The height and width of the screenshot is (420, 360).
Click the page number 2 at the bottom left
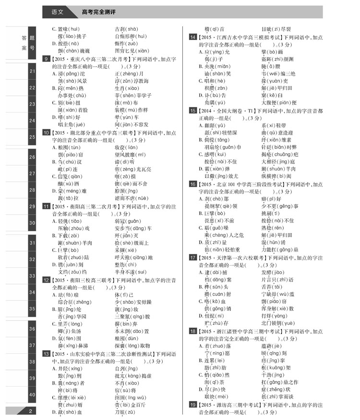30,410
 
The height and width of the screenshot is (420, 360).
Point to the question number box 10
47,132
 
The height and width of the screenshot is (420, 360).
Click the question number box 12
47,280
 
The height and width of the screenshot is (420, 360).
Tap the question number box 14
192,37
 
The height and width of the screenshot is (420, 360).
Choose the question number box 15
192,111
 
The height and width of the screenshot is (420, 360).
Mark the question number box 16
192,184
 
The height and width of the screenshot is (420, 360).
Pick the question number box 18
192,331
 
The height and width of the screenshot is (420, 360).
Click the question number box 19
192,405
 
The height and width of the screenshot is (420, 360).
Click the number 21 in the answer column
32,71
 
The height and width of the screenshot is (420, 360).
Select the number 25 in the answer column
32,137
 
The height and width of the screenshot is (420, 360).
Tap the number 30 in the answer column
32,222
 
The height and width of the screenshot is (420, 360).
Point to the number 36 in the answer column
32,329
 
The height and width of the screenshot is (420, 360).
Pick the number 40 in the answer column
32,395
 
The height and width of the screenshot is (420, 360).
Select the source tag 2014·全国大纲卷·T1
226,111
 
